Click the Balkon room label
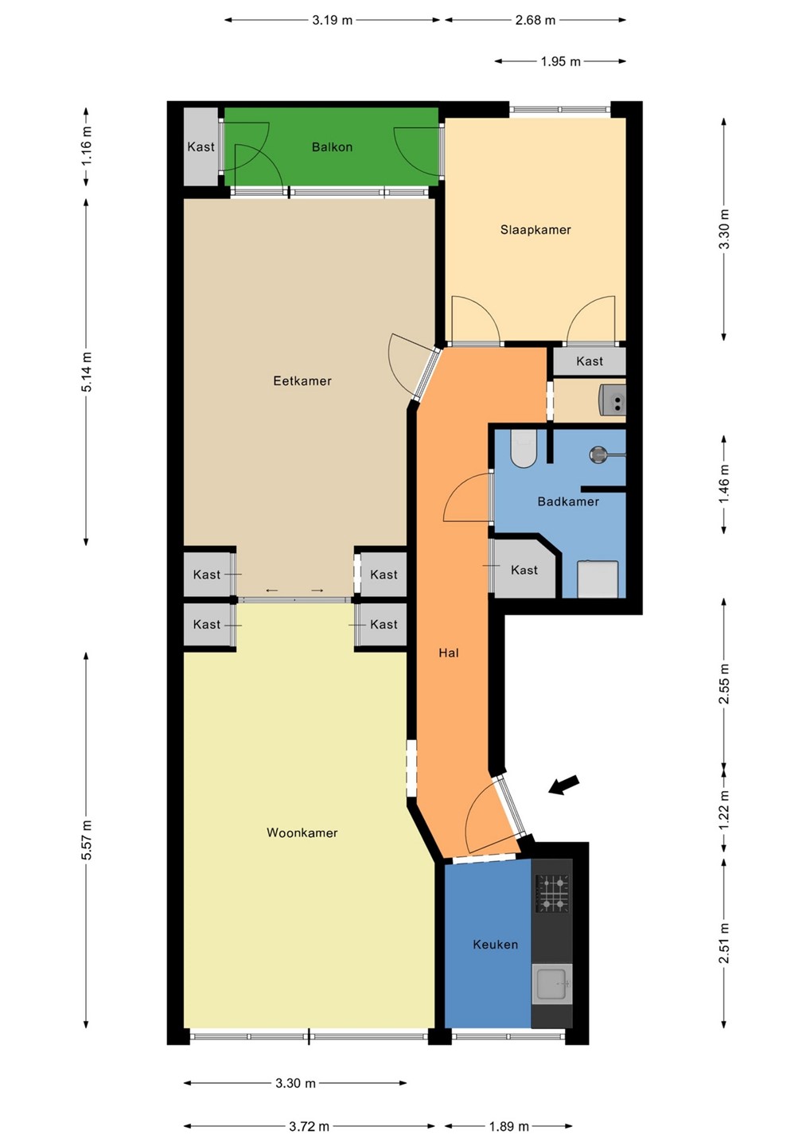[x=332, y=147]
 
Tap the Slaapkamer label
[x=535, y=230]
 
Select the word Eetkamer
[x=302, y=381]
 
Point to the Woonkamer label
[x=302, y=833]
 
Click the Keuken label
[x=495, y=945]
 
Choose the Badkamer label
[x=568, y=501]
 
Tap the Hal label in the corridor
[x=449, y=653]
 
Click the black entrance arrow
[x=563, y=785]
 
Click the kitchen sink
[x=551, y=984]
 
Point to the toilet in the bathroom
[x=523, y=449]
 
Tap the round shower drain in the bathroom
[x=598, y=454]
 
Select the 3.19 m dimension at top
[x=333, y=21]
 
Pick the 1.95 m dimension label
[x=560, y=62]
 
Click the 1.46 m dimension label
[x=725, y=484]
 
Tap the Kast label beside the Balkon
[x=201, y=147]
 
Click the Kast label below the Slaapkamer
[x=590, y=361]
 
